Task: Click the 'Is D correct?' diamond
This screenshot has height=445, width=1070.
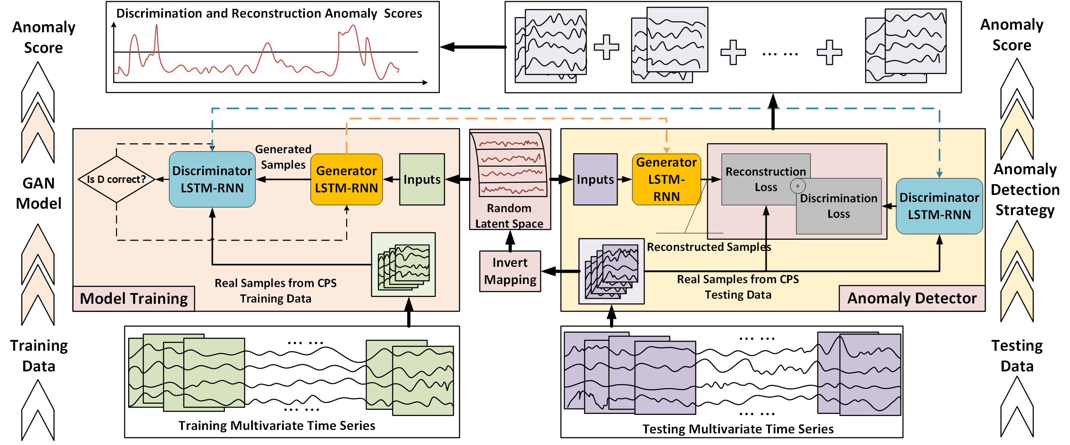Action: (x=116, y=179)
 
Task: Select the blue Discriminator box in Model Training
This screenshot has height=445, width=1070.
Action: (x=212, y=179)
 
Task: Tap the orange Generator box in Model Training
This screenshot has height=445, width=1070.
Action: (x=346, y=179)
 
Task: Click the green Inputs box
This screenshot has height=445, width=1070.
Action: (x=421, y=179)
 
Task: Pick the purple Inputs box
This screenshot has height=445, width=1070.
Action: (x=595, y=179)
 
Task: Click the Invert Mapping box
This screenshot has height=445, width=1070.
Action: (x=510, y=271)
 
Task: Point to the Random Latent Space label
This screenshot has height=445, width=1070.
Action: (x=509, y=216)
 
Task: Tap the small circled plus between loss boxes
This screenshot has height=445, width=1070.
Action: (x=797, y=186)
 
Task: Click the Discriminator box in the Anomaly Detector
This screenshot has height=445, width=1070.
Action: (x=939, y=206)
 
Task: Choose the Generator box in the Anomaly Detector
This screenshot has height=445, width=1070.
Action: (x=666, y=179)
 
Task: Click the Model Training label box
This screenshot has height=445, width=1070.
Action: (x=134, y=298)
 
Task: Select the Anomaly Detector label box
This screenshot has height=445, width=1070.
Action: (x=912, y=298)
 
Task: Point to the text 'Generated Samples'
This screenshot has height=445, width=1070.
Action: (x=283, y=157)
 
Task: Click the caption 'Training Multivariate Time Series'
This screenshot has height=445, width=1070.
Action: (x=277, y=426)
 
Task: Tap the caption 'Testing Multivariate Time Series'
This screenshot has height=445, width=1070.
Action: (x=738, y=429)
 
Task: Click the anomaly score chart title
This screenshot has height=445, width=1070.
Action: (x=269, y=13)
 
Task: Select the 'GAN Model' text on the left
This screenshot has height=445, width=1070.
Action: (x=39, y=193)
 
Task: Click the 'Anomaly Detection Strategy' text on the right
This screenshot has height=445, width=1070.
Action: (x=1025, y=189)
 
